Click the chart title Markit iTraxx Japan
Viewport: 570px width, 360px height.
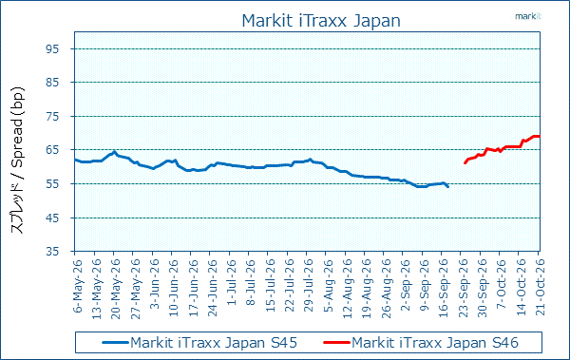point(321,21)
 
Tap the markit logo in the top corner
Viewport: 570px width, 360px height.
point(528,16)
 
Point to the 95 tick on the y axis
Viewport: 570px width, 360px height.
point(52,48)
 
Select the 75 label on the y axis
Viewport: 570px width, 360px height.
point(52,117)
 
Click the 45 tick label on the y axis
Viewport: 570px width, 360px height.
point(52,218)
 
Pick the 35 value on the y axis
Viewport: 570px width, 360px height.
point(52,252)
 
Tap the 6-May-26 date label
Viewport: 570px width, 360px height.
point(78,286)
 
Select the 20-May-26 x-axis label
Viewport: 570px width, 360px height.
point(116,289)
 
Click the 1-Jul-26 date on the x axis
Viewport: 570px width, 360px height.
point(232,282)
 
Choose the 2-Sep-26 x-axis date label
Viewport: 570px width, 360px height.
point(405,285)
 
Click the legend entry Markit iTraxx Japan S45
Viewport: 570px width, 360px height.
point(214,343)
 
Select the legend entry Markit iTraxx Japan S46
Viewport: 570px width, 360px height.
point(435,343)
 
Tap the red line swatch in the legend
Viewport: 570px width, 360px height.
point(336,342)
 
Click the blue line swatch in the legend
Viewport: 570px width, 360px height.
point(115,342)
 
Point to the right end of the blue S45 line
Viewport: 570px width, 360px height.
point(447,186)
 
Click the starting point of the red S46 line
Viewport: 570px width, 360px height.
point(465,163)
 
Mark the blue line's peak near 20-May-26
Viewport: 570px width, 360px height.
point(114,152)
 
